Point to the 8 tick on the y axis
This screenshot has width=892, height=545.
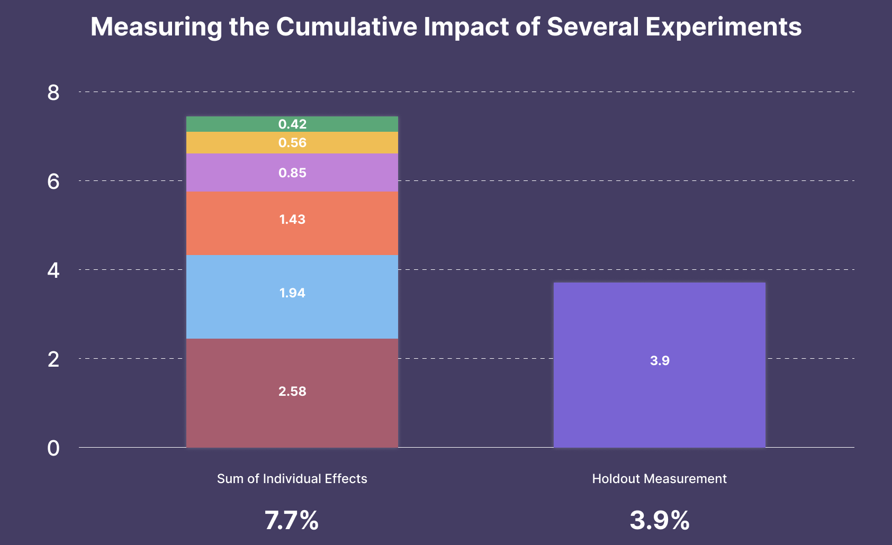click(53, 93)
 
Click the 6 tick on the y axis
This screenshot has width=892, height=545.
click(53, 181)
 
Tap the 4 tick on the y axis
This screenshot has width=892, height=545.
click(53, 270)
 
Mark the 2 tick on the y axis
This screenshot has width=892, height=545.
click(53, 359)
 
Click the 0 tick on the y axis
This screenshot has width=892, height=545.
click(53, 448)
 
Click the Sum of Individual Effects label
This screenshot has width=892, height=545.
click(292, 479)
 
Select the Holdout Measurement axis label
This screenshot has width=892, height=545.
click(659, 479)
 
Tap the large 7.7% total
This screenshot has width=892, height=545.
click(292, 521)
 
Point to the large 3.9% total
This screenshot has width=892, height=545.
click(660, 521)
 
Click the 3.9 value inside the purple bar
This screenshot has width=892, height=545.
click(660, 361)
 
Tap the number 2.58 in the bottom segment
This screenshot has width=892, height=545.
click(292, 392)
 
